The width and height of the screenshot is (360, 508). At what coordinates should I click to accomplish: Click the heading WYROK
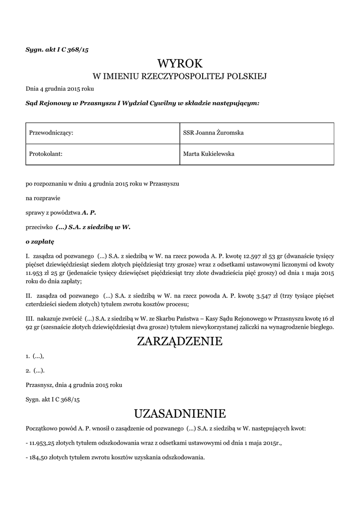tap(180, 63)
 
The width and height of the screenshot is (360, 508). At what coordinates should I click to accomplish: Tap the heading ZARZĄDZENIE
tap(180, 341)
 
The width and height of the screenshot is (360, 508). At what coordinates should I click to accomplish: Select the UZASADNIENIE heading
tap(180, 413)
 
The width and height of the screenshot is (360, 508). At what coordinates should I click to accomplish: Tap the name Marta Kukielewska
tap(209, 154)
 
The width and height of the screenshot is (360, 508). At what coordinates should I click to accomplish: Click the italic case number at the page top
tap(57, 50)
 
